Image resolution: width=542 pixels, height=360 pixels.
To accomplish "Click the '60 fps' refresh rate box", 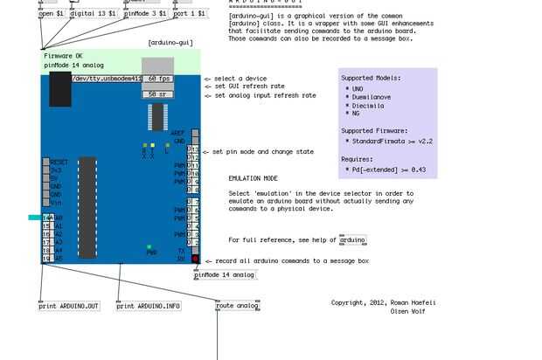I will coord(157,79).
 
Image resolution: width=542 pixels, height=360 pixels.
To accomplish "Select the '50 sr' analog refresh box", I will coord(157,93).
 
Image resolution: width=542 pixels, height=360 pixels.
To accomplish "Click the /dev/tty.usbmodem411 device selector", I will coord(106,79).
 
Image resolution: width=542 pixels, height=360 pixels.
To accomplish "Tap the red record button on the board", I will coord(195,259).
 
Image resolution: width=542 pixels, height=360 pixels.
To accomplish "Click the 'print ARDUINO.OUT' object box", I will coord(69,306).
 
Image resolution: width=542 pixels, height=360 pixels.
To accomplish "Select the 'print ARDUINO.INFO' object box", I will coord(149,306).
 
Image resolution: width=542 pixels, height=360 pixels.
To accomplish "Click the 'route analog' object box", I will coord(238,306).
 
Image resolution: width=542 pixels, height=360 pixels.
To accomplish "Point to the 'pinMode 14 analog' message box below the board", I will coord(225,274).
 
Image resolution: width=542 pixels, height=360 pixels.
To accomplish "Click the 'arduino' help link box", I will coord(353,239).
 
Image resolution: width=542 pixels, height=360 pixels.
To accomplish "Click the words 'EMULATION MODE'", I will coord(254,178).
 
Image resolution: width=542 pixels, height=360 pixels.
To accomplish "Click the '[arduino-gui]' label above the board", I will coord(170,42).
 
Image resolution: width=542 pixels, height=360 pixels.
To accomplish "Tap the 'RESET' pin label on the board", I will coord(59,162).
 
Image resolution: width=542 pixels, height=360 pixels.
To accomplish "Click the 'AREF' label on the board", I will coord(178,134).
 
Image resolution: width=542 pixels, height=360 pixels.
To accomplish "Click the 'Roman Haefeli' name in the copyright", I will coord(410,302).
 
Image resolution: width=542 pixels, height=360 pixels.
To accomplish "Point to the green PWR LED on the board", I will coord(150,247).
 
